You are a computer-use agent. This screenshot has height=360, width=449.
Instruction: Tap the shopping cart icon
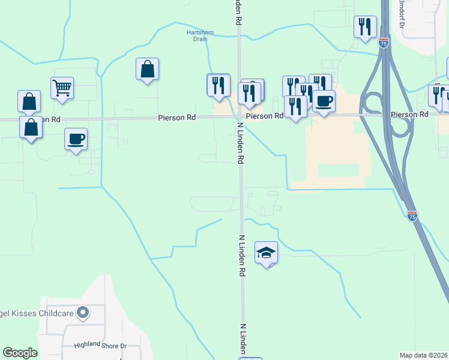pos(62,88)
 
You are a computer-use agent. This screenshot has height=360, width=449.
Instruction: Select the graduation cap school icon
pos(267,253)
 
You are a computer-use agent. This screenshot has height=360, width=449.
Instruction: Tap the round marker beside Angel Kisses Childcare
pos(83,313)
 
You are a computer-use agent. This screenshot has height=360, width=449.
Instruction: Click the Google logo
pos(20,353)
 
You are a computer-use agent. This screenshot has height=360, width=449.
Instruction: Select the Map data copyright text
pos(424,355)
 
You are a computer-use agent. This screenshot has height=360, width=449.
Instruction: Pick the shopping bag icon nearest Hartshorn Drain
pos(147,70)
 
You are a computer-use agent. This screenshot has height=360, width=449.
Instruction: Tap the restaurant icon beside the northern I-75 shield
pos(365,27)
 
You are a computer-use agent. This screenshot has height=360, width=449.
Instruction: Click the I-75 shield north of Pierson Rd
pos(384,43)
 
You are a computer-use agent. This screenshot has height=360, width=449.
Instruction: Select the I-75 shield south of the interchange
pos(412,215)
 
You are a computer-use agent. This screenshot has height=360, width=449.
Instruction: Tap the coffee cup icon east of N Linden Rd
pos(324,101)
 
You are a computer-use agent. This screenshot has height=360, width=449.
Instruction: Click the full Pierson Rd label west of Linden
pos(177,118)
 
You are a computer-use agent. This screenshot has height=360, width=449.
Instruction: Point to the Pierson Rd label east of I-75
pos(409,114)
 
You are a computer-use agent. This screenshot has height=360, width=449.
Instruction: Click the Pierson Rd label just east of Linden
pos(264,115)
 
